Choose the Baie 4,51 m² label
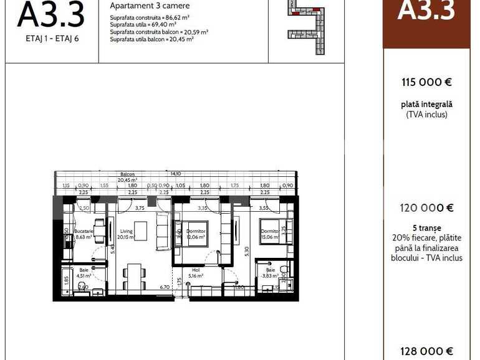(x=84, y=272)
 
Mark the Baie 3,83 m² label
(x=270, y=272)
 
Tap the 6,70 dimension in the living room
(x=165, y=287)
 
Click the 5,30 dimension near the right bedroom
(x=247, y=250)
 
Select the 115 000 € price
(x=426, y=82)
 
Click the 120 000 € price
(x=426, y=208)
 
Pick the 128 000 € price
(x=426, y=351)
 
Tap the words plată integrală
(x=426, y=105)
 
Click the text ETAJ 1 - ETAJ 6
(x=51, y=38)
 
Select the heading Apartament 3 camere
(x=141, y=6)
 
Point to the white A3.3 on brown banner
(x=426, y=11)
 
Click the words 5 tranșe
(x=426, y=228)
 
